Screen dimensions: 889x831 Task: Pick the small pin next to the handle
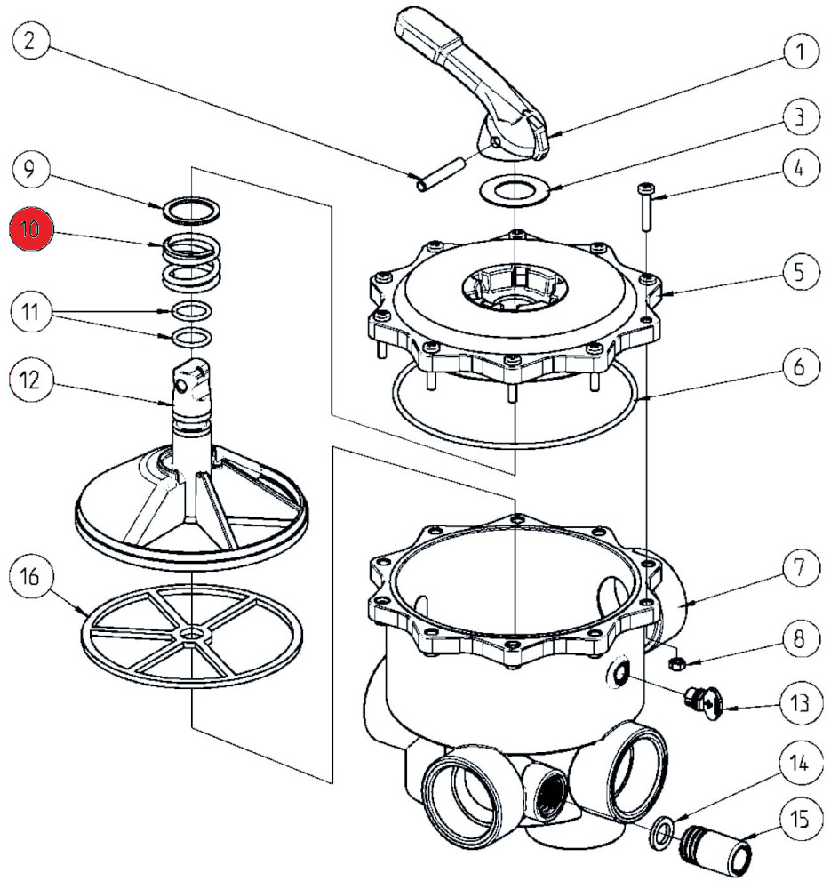coord(442,173)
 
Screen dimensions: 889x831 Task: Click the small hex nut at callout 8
coord(675,662)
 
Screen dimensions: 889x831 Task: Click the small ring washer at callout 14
coord(659,831)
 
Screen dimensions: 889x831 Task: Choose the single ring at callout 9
coord(191,211)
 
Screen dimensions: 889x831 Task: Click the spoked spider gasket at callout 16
coord(192,634)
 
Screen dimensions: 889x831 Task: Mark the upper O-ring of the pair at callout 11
coord(191,311)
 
